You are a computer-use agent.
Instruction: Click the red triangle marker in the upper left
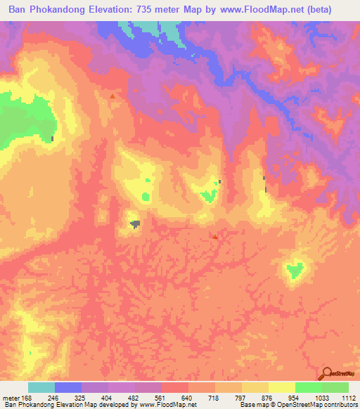(112, 96)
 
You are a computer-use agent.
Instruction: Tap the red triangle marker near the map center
(215, 237)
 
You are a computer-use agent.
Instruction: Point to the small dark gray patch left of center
(134, 223)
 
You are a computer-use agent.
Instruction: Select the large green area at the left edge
(21, 116)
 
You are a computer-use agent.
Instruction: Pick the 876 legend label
(268, 398)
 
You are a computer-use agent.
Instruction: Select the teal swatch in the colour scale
(41, 387)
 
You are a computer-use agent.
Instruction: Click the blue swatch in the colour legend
(68, 387)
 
